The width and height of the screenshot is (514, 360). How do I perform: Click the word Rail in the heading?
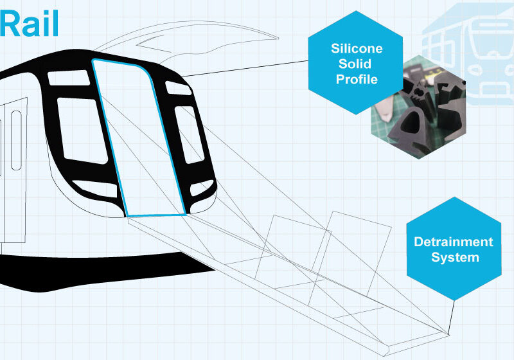(x=29, y=23)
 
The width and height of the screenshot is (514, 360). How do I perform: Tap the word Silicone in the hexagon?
(x=357, y=48)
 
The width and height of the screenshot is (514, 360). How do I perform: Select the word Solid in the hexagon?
(x=355, y=64)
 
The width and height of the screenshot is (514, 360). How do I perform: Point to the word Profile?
(x=357, y=79)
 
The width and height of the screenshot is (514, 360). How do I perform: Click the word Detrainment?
(x=454, y=242)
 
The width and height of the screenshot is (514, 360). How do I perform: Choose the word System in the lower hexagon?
(x=455, y=257)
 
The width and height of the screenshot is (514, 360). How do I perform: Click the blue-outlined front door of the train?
(x=139, y=138)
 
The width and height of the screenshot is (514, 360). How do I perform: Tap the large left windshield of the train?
(x=82, y=130)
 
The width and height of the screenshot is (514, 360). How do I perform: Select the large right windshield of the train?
(x=189, y=134)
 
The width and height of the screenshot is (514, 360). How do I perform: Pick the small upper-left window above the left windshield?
(x=69, y=78)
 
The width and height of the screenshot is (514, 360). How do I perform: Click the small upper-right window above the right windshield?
(x=178, y=88)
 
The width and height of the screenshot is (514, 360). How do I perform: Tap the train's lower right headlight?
(x=201, y=188)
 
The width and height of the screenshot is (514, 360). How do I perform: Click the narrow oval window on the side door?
(x=16, y=140)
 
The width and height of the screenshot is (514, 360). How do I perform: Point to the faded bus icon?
(x=468, y=54)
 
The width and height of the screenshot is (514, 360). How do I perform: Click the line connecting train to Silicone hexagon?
(x=245, y=69)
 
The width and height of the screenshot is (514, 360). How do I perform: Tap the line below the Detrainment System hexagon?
(x=451, y=318)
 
